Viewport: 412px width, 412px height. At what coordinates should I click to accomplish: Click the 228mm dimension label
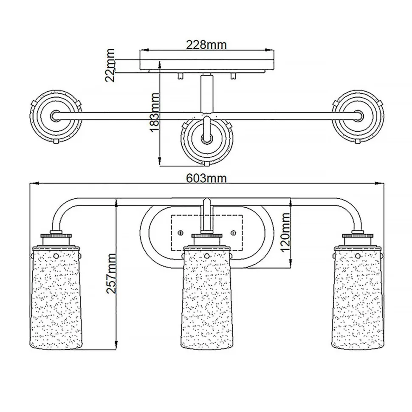206,44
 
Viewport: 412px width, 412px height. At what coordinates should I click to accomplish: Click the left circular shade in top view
56,115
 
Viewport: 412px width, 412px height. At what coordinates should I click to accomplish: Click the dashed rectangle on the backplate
206,232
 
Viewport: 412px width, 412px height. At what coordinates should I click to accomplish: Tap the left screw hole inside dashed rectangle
181,232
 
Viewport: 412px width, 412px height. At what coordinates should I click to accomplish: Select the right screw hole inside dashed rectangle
234,232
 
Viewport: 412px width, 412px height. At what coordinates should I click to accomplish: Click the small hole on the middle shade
207,256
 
